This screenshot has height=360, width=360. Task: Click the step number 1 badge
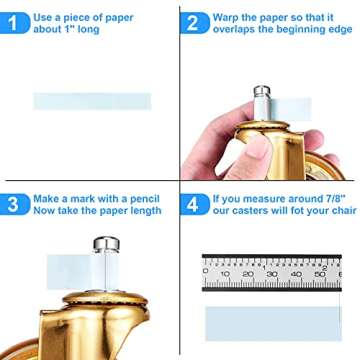coord(14,23)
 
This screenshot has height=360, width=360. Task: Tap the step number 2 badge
coord(195,23)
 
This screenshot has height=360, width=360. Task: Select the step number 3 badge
coord(14,204)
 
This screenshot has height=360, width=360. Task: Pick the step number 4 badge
coord(195,204)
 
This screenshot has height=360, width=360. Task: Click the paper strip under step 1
coord(92,101)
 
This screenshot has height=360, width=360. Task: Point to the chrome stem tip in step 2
coord(262,91)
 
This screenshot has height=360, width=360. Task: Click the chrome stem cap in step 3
coord(106,244)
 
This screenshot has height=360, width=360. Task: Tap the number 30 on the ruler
coord(272,274)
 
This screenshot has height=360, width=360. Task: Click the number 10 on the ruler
coord(225,274)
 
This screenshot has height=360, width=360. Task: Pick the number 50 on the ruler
coord(320,274)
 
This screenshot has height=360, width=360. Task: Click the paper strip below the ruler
coord(273,324)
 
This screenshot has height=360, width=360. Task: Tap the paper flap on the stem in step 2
coord(290,109)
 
